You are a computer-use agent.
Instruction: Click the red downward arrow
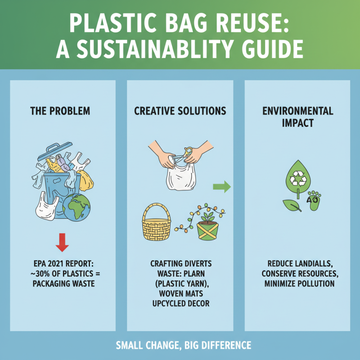(62, 242)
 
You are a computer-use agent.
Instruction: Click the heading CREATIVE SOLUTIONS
(180, 110)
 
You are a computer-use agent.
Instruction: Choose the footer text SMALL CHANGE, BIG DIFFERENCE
(180, 346)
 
